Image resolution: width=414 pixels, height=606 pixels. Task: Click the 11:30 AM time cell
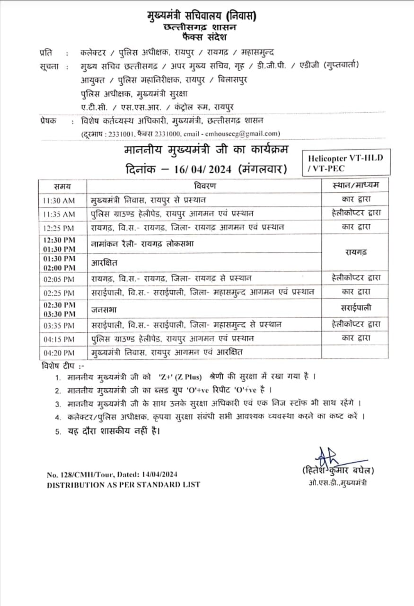click(59, 201)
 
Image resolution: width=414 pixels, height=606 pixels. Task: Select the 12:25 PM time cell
click(59, 227)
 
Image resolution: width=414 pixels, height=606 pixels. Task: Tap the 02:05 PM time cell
click(59, 279)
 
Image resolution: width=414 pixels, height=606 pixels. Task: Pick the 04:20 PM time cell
click(59, 353)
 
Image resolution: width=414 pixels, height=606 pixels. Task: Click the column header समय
click(62, 185)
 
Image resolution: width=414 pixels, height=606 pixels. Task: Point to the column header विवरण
click(204, 185)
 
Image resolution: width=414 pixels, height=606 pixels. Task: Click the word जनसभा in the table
click(104, 310)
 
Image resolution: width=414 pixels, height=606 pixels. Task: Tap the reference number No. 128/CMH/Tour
click(85, 474)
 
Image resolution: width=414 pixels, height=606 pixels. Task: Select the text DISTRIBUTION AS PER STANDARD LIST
click(123, 484)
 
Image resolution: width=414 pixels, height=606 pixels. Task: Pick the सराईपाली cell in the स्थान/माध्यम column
click(356, 308)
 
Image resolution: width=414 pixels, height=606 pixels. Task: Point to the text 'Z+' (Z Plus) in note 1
click(180, 377)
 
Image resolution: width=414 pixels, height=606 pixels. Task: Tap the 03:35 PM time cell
click(59, 326)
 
